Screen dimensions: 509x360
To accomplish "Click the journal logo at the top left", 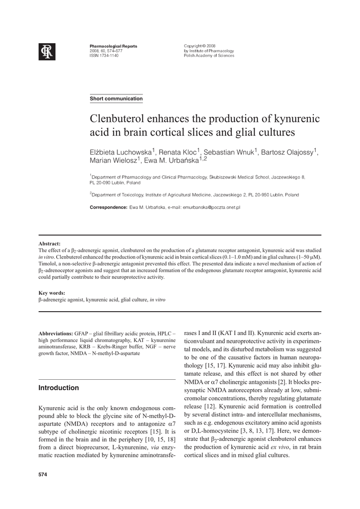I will coord(47,51).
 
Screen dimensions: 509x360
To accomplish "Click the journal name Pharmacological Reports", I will coord(113,46).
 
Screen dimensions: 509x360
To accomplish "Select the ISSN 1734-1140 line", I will coord(104,56).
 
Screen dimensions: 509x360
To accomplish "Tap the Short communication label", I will coord(116,99).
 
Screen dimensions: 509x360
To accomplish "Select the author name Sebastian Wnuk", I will coord(230,152).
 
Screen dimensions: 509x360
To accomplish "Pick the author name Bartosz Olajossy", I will coord(289,152).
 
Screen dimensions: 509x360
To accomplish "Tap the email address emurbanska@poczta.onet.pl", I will coord(211,207).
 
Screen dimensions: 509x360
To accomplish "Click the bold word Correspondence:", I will coord(108,207).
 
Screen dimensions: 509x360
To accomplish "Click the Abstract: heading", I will coord(50,244).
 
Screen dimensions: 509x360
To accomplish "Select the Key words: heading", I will coord(52,293).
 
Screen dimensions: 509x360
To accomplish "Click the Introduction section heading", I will coord(59,388).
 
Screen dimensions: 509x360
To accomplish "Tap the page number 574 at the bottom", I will coord(43,475).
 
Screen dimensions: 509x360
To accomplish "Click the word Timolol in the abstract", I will coord(48,264).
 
